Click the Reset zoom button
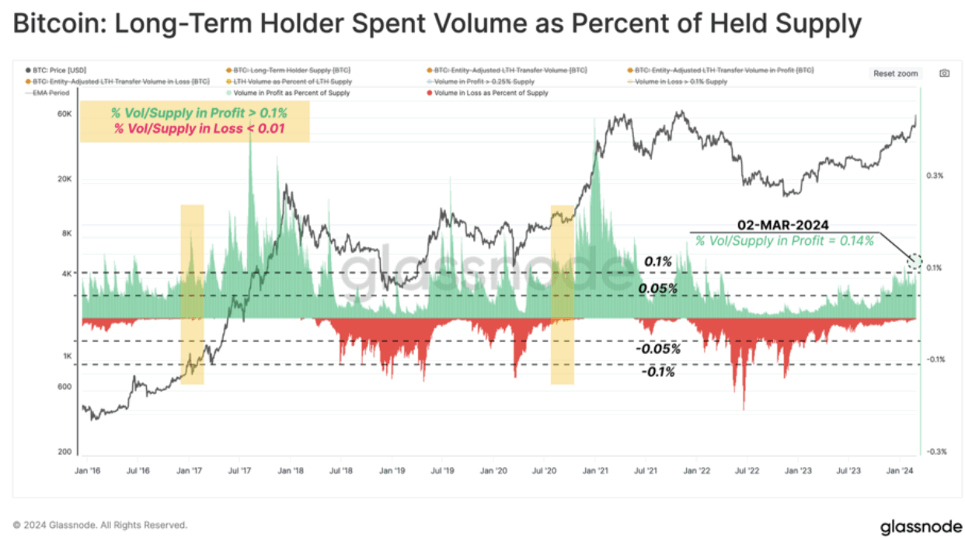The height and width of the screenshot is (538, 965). (x=896, y=74)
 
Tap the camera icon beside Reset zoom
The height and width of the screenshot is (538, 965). (x=944, y=73)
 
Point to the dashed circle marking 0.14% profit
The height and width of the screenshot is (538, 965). (x=916, y=261)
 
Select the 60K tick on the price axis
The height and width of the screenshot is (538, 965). (x=64, y=114)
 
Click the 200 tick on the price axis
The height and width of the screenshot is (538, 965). (x=65, y=452)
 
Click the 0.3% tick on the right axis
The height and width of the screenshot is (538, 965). (x=935, y=176)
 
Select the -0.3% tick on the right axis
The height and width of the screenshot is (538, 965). (x=935, y=452)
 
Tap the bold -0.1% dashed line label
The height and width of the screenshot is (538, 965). (x=658, y=372)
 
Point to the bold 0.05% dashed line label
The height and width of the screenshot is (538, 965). (x=658, y=288)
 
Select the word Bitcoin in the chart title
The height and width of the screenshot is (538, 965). (x=58, y=24)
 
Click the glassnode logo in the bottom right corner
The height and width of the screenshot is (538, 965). (x=915, y=527)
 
